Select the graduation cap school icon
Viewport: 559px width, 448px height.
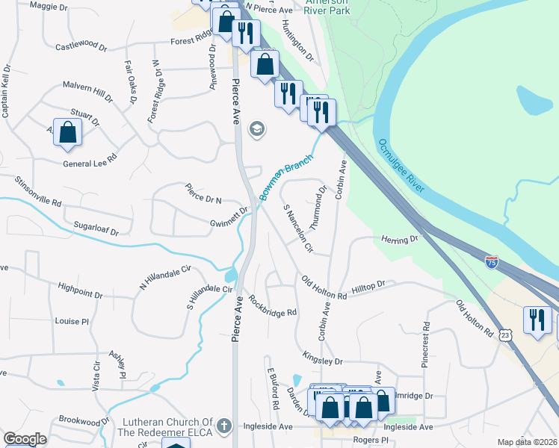257,130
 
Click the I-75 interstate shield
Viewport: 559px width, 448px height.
491,261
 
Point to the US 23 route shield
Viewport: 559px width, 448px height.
506,336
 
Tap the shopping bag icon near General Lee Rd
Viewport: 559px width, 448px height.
67,132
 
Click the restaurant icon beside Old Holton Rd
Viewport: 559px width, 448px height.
537,320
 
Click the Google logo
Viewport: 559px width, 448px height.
25,439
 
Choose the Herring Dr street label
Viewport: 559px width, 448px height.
401,240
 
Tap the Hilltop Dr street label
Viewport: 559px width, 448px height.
369,284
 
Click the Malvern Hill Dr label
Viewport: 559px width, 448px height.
87,91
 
